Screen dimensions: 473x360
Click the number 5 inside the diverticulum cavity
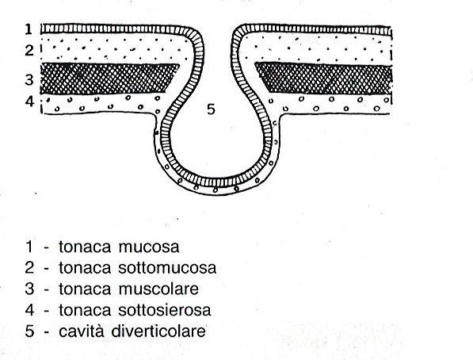[212, 109]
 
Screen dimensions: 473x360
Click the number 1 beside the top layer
[29, 29]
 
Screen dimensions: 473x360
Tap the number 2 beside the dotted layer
[29, 50]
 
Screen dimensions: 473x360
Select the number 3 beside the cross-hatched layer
[29, 80]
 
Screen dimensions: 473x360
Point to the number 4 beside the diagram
[29, 101]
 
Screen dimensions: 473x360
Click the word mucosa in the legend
[149, 247]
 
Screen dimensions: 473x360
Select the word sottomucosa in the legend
[167, 268]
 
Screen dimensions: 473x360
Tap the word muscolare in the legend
[158, 289]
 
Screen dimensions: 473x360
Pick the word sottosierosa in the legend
[165, 310]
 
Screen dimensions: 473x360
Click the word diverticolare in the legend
[158, 331]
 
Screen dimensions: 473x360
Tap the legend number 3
[29, 289]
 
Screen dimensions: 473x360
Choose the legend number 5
[29, 331]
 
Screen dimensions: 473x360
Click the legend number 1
[29, 247]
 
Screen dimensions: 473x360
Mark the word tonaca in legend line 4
[85, 310]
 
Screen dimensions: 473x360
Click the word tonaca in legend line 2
[85, 268]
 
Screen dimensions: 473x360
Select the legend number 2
[29, 268]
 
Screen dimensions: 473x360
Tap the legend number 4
[29, 310]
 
